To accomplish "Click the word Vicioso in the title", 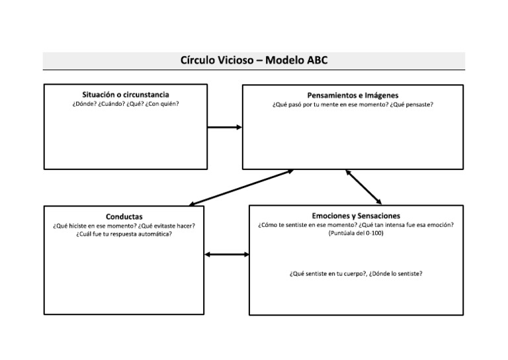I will tap(230, 61).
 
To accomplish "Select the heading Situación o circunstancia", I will tap(126, 95).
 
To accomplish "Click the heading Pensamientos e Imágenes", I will tap(353, 95).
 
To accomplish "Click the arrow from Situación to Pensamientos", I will tap(225, 127).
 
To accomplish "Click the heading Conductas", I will tap(124, 216).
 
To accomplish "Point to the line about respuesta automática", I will tap(124, 234).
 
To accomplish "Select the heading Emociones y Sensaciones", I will tap(356, 216).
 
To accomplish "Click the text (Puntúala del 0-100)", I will tap(356, 233).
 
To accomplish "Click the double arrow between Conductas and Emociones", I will tap(227, 253).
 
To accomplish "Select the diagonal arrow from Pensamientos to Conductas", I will tap(241, 187).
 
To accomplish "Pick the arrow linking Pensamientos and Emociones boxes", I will tap(363, 187).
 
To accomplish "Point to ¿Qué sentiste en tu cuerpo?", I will tap(327, 273).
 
